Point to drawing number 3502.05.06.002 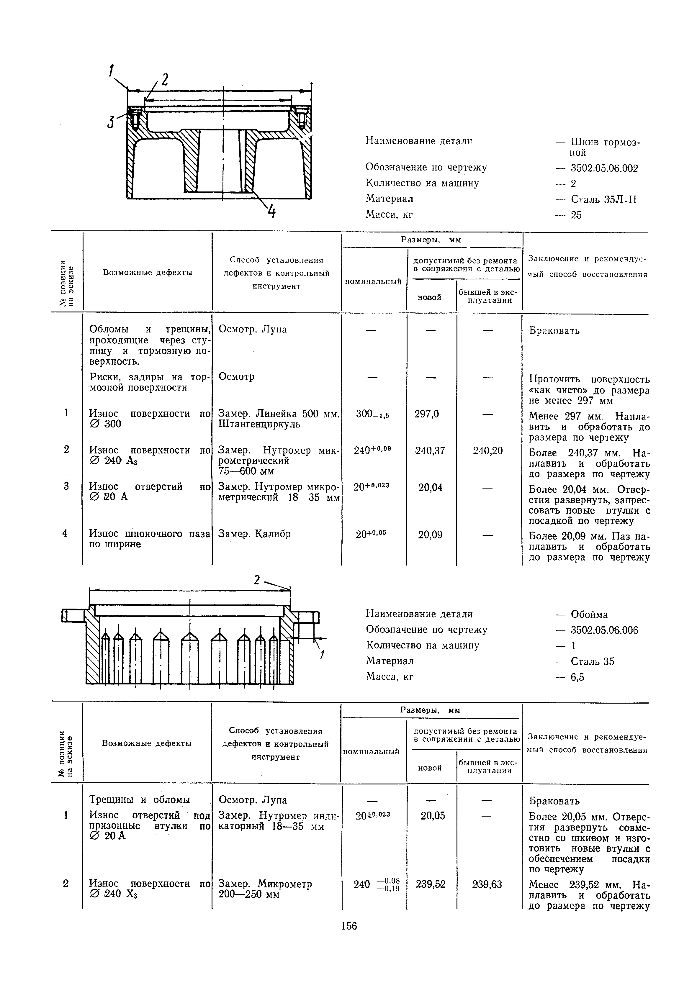(604, 168)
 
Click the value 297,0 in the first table (427, 414)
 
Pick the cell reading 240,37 (430, 451)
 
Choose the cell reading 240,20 (487, 451)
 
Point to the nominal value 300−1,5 (372, 414)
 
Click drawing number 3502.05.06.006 (604, 630)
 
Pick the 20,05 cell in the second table (433, 815)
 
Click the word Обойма (589, 615)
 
